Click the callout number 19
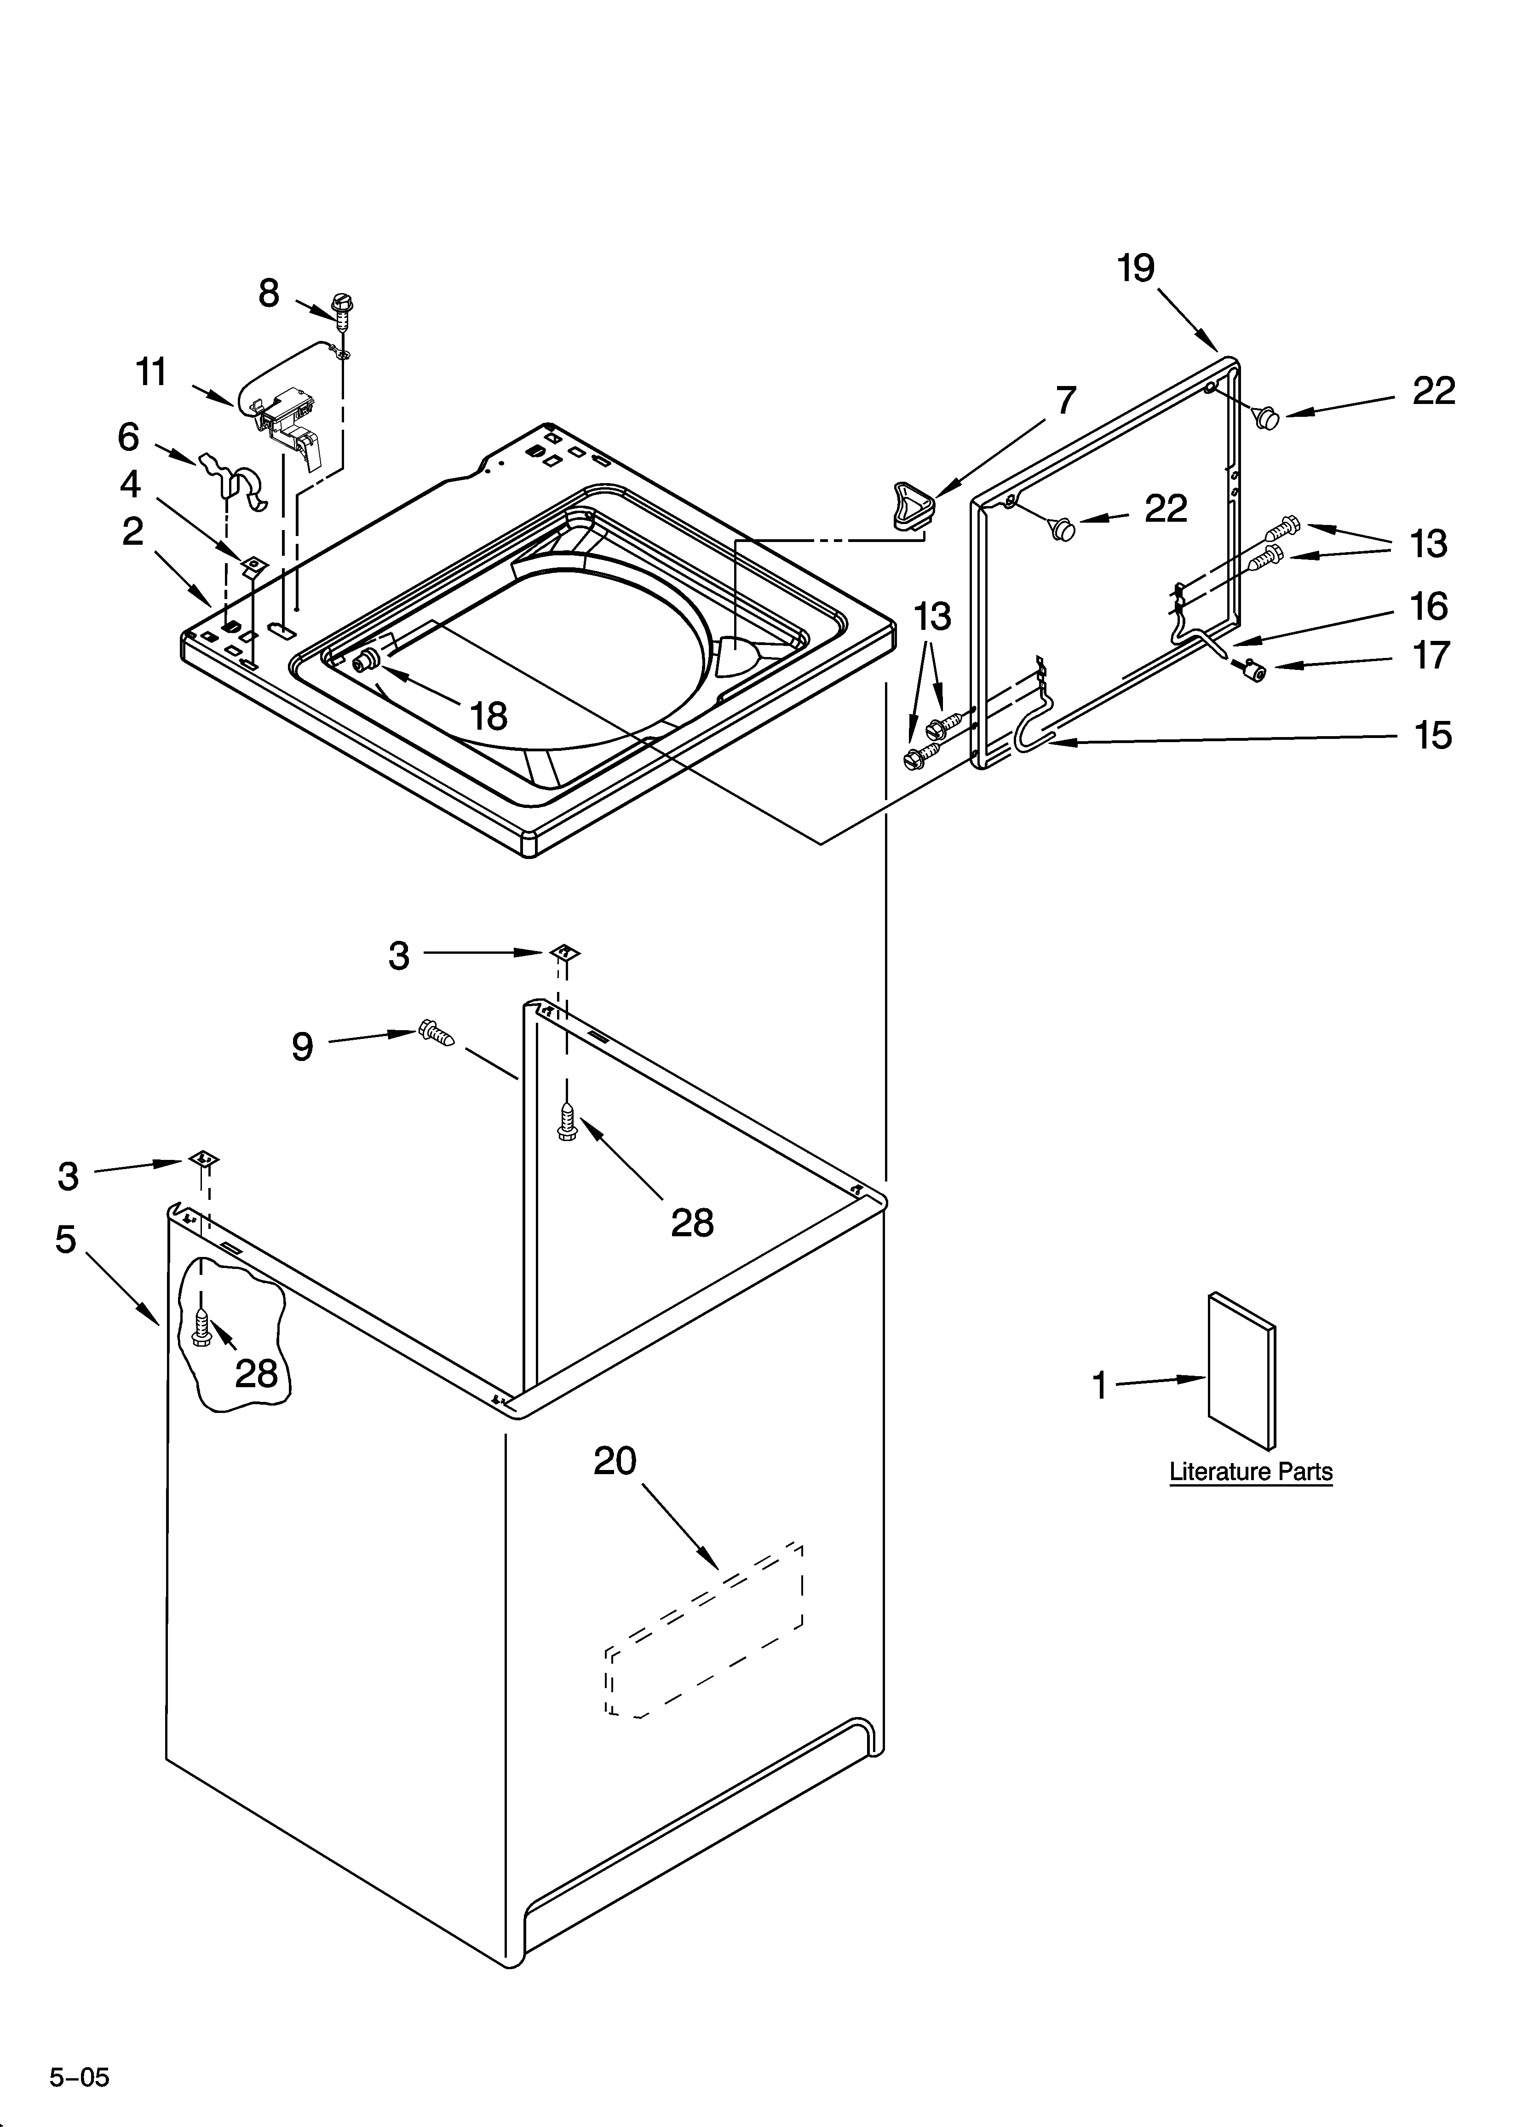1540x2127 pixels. tap(1136, 269)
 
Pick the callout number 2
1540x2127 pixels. tap(133, 532)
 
